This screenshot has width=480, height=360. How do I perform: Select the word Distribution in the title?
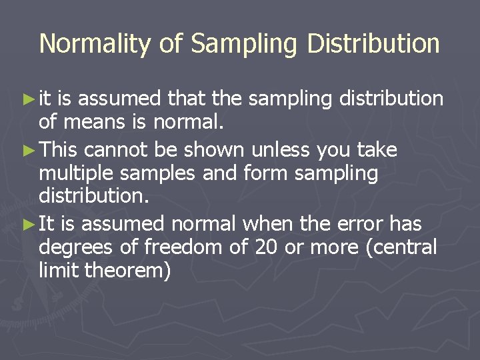373,44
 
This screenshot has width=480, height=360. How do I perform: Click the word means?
93,123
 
